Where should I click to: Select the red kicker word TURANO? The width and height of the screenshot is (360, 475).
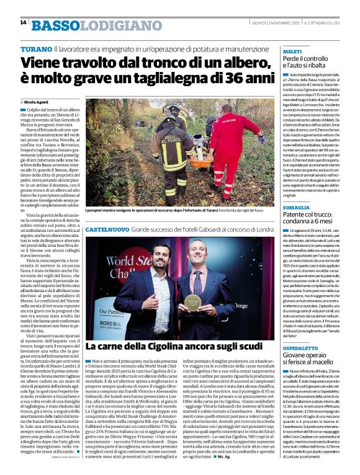36,48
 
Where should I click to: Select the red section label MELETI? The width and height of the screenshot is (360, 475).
292,52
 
